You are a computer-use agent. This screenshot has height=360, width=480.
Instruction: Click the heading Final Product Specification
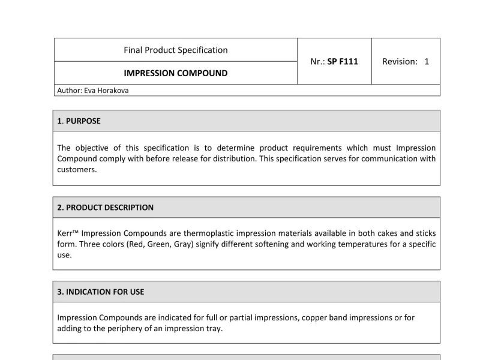tap(175, 50)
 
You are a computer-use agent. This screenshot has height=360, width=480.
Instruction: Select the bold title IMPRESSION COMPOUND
tap(175, 73)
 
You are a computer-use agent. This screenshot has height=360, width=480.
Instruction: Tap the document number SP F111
tap(343, 61)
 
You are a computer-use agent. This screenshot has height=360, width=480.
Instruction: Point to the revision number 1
tap(427, 61)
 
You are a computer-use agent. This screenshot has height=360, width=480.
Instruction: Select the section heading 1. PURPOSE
tap(79, 121)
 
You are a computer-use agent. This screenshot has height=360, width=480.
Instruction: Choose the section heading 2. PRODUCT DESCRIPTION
tap(105, 208)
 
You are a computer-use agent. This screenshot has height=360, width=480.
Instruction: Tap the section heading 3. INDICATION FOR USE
tap(100, 292)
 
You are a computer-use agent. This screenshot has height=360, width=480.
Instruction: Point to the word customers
tap(77, 170)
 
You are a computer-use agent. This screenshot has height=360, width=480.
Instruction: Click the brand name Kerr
tap(65, 233)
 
